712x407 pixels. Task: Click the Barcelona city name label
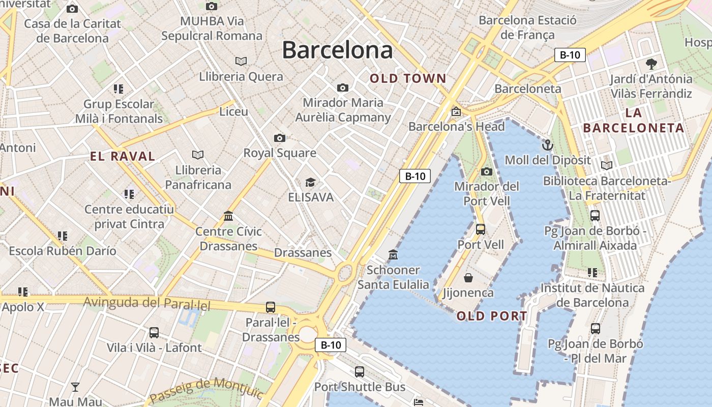tap(337, 50)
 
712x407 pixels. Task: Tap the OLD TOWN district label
tap(408, 79)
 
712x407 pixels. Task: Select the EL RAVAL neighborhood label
tap(123, 156)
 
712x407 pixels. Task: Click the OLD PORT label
tap(492, 316)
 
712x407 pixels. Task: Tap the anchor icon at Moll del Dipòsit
tap(547, 146)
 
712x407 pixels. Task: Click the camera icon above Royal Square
tap(279, 138)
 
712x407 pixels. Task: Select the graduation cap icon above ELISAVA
tap(310, 182)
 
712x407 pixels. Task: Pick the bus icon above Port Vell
tap(481, 229)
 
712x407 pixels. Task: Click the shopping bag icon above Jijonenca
tap(468, 278)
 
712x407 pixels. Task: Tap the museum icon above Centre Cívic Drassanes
tap(228, 216)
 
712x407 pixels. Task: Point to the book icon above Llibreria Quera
tap(241, 62)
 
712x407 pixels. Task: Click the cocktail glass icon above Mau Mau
tap(75, 387)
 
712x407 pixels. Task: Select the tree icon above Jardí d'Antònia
tap(651, 64)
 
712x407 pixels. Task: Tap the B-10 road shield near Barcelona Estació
tap(570, 55)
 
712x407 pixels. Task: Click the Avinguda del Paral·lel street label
tap(146, 303)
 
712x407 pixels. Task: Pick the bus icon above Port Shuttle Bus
tap(360, 372)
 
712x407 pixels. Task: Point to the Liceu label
tap(234, 111)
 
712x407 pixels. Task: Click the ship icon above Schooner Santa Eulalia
tap(393, 254)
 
